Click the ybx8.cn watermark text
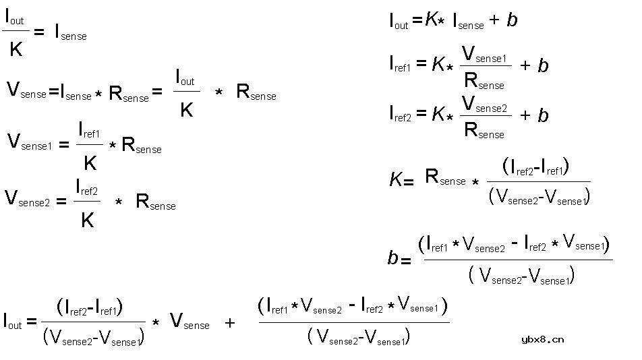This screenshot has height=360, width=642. coord(542,339)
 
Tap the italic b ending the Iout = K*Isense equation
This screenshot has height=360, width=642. coord(512,20)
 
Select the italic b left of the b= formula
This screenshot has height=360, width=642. coord(392,258)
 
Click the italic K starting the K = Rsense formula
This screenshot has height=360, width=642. coord(395,179)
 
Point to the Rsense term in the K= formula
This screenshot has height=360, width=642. coord(446,177)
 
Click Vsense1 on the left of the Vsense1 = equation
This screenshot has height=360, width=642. coord(30,142)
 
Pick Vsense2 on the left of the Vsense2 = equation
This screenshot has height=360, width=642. coord(27,199)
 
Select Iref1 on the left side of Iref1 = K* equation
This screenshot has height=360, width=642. coord(400,64)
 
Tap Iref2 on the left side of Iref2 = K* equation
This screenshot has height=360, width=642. coord(400,114)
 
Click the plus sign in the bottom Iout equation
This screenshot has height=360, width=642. coord(230,323)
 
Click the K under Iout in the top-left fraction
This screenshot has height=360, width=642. coord(16,49)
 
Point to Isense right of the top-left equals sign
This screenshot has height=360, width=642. coord(71,32)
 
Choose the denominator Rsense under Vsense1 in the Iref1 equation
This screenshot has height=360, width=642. coord(484,81)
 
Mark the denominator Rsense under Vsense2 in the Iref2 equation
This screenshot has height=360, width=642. coord(484,130)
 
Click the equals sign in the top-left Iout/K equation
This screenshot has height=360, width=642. coord(39,32)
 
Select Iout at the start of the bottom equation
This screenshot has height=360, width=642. coord(12,321)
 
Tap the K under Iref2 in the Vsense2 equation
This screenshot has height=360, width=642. coord(88,220)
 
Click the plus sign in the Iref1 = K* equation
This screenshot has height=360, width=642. coord(525,65)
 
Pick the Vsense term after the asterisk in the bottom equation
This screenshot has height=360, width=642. coord(189,321)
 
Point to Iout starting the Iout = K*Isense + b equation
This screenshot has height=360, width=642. coord(399,21)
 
